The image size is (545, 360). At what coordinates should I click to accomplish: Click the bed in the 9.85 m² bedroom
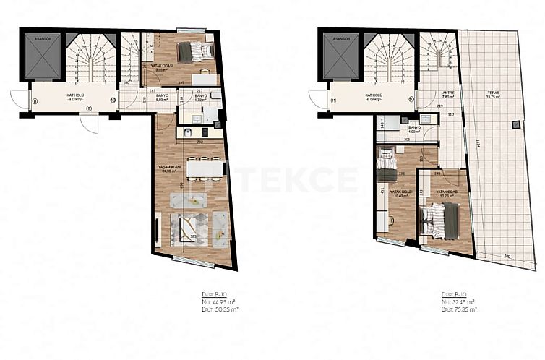tap(194, 51)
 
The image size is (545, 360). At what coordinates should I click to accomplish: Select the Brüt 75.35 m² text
tap(457, 309)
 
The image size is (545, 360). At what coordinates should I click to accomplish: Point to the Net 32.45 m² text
tap(456, 302)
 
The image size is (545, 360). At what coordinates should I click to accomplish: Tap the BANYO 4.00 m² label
tap(413, 129)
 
